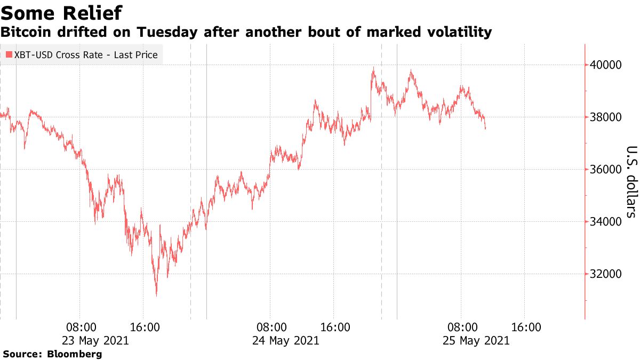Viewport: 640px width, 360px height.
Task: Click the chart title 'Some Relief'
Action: point(61,12)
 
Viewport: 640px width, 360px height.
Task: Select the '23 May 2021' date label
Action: point(97,340)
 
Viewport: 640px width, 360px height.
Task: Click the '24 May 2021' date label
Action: point(287,340)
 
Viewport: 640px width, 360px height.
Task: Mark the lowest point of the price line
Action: point(156,296)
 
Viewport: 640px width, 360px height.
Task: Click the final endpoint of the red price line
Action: point(485,129)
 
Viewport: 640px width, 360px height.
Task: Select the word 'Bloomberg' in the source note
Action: point(75,354)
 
